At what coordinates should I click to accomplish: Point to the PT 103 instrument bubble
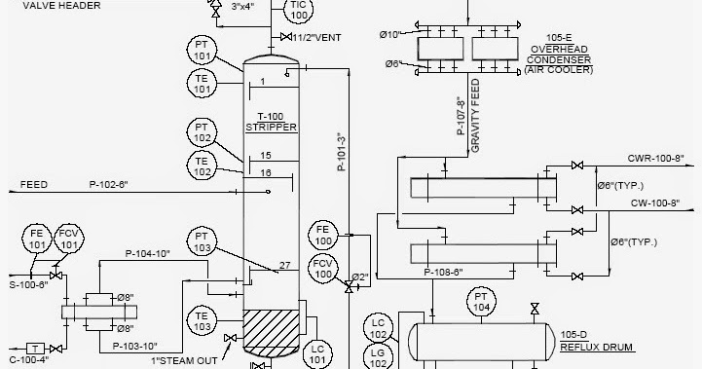click(201, 241)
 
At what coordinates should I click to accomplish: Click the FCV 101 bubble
click(67, 240)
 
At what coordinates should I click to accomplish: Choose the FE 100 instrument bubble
click(324, 234)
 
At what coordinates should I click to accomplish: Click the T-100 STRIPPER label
click(270, 121)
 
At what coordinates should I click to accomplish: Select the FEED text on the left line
click(33, 184)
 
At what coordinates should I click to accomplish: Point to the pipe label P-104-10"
click(147, 253)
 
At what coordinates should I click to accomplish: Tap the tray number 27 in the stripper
click(284, 265)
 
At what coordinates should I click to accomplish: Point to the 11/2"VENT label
click(317, 37)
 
